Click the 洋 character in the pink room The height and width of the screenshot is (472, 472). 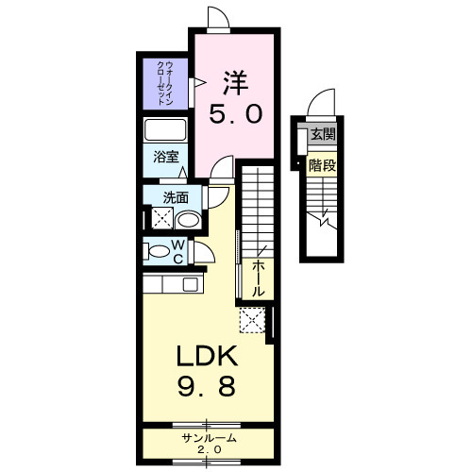tap(236, 83)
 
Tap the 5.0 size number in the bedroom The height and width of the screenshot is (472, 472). tap(236, 114)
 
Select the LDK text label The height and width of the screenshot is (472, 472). tap(207, 356)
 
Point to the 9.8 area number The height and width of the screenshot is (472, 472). tap(207, 387)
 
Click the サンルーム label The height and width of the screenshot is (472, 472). tap(209, 438)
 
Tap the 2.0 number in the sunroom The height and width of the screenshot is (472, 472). tap(210, 449)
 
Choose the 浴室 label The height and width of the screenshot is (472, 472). tap(166, 157)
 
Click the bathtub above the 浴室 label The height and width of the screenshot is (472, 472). tap(165, 130)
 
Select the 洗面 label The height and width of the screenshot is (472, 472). tap(176, 198)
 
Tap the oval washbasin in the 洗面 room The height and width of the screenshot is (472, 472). tap(188, 220)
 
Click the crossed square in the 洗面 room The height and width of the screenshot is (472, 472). tap(162, 218)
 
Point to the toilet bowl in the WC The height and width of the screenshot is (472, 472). tap(159, 251)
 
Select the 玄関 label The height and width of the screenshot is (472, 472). tap(323, 135)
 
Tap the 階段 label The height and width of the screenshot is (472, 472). tap(322, 165)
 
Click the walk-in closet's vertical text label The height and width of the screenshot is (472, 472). tap(165, 83)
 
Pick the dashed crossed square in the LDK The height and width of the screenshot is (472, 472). tap(252, 320)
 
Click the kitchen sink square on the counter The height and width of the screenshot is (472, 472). tap(191, 284)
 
